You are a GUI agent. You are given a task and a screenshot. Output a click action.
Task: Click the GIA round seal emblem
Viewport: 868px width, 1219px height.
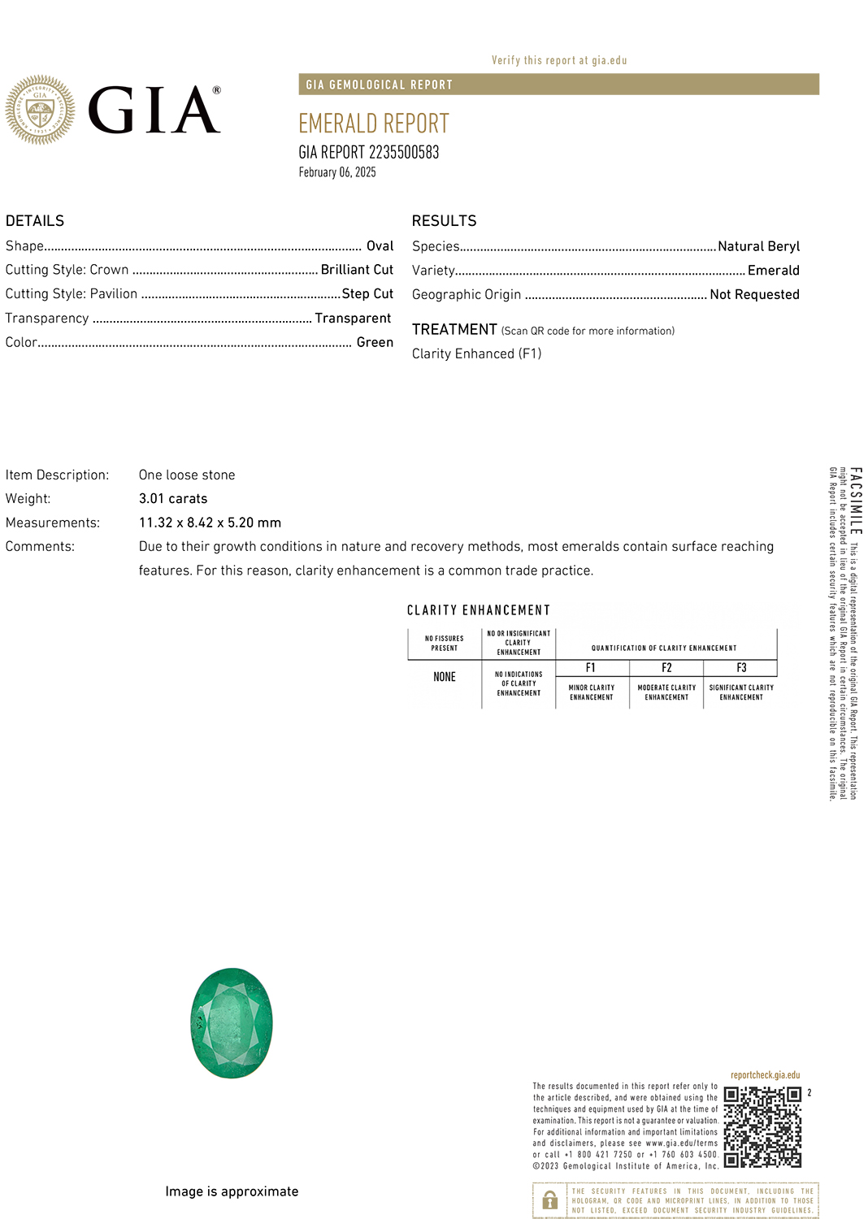40,111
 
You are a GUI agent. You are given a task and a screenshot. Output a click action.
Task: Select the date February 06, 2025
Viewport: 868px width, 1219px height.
337,172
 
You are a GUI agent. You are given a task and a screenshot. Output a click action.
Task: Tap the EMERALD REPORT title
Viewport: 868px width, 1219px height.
373,124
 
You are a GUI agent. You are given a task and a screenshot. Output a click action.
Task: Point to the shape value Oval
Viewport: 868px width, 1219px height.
380,246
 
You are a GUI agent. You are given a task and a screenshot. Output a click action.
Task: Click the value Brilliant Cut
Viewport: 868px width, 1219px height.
357,270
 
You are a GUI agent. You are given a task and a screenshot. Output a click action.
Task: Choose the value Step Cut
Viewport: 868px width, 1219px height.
367,294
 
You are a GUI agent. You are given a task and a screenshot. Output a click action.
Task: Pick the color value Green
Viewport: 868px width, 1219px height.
375,343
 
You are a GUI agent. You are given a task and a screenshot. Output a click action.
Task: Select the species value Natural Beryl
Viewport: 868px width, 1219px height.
758,246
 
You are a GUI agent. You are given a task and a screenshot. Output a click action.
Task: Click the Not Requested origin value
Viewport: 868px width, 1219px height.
754,295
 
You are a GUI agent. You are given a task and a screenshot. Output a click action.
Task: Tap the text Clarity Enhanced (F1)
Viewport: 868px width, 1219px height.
476,354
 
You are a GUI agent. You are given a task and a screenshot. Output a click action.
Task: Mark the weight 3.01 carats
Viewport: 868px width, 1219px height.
173,499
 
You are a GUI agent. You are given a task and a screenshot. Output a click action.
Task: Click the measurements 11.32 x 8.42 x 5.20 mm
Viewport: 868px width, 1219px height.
210,523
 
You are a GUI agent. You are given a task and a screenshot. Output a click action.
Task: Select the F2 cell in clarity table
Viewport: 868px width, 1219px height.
666,668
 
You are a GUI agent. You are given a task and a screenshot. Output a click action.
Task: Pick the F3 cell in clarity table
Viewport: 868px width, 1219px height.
741,668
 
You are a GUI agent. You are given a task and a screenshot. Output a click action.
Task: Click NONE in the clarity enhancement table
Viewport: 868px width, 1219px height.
445,677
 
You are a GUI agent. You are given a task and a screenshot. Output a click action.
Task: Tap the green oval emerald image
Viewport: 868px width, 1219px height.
232,1023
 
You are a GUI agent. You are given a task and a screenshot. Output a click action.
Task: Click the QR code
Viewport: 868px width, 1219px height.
762,1127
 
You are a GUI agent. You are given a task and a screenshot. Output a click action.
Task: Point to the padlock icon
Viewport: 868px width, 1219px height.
550,1199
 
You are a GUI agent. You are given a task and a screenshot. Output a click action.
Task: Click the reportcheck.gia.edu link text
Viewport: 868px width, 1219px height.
765,1075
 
